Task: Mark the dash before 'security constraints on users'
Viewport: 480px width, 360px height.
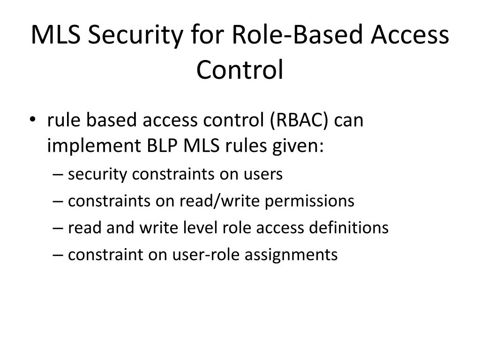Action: tap(58, 174)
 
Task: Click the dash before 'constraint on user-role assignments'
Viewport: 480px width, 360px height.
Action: tap(58, 255)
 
